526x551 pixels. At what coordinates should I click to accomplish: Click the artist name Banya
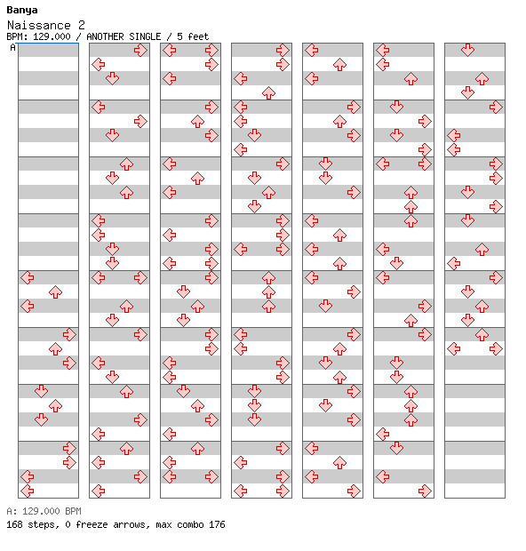pyautogui.click(x=22, y=10)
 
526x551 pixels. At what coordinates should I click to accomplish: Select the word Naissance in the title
pyautogui.click(x=39, y=25)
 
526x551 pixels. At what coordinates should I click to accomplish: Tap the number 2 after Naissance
pyautogui.click(x=82, y=25)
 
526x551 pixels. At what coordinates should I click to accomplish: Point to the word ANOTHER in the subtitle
pyautogui.click(x=105, y=36)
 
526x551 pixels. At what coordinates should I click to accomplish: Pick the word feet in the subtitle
pyautogui.click(x=198, y=36)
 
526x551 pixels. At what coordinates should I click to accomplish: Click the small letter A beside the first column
pyautogui.click(x=12, y=47)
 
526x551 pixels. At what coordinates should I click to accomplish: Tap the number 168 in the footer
pyautogui.click(x=14, y=524)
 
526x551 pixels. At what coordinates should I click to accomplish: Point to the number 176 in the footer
pyautogui.click(x=217, y=524)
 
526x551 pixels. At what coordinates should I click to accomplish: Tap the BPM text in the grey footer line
pyautogui.click(x=73, y=511)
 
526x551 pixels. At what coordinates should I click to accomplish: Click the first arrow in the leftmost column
pyautogui.click(x=28, y=277)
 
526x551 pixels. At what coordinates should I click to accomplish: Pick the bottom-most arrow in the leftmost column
pyautogui.click(x=28, y=491)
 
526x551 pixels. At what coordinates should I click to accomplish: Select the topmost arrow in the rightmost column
pyautogui.click(x=467, y=51)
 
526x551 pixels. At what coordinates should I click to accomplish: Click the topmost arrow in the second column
pyautogui.click(x=140, y=51)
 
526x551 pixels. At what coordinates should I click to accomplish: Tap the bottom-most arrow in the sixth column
pyautogui.click(x=425, y=491)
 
